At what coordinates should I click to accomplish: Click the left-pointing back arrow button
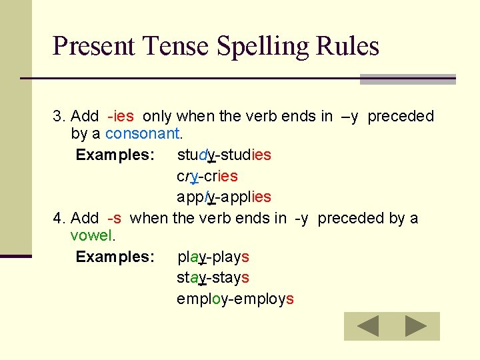pos(367,326)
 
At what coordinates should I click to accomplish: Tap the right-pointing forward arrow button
pos(416,326)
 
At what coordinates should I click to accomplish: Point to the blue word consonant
pos(142,133)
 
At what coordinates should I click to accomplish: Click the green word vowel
pos(92,235)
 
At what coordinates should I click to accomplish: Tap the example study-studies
pos(224,155)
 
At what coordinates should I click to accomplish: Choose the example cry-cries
pos(207,176)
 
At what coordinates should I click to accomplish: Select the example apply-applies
pos(224,197)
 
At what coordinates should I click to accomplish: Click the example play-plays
pos(213,257)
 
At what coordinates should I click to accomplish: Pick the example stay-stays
pos(213,277)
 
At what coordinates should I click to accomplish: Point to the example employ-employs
pos(235,299)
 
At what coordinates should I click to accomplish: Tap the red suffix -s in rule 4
pos(114,218)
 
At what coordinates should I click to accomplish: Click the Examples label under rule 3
pos(115,155)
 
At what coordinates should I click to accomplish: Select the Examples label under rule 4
pos(115,257)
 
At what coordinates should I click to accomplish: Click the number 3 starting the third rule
pos(57,116)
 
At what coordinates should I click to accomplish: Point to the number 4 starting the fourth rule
pos(57,218)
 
